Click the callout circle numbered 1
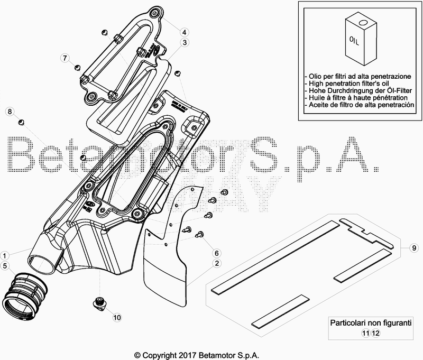coord(5,254)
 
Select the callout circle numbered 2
coord(217,263)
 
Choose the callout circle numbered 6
coord(217,253)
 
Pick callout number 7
coord(65,57)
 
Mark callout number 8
coord(9,111)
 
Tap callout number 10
coord(116,317)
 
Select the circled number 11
coord(365,333)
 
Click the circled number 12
coord(375,333)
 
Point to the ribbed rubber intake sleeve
coord(24,293)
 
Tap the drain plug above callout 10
coord(98,302)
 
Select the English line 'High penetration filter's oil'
coord(348,84)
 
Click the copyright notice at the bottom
coord(197,355)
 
